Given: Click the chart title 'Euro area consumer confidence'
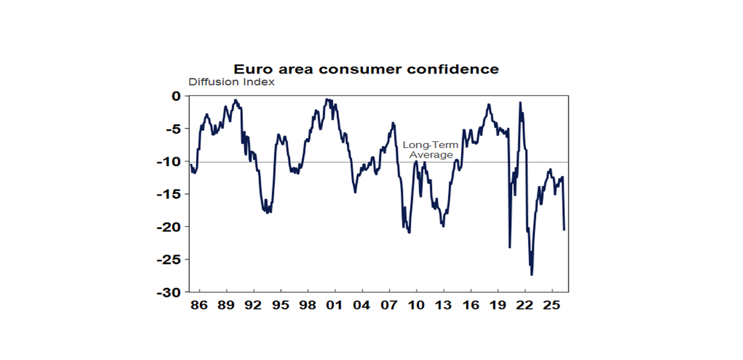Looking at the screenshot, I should pos(366,69).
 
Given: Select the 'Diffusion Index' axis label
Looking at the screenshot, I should pos(231,82).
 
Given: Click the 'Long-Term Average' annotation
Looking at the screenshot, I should pos(431,150).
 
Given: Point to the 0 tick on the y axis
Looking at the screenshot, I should pos(177,96).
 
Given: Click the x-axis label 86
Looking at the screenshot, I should pos(199,306).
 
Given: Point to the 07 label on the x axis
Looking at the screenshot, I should pos(389,306).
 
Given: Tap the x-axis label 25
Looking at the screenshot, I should pos(552,306).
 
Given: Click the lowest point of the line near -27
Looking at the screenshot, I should pos(532,275).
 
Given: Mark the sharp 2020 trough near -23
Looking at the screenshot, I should pos(509,247).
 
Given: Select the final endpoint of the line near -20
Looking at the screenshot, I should pos(564,230).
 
